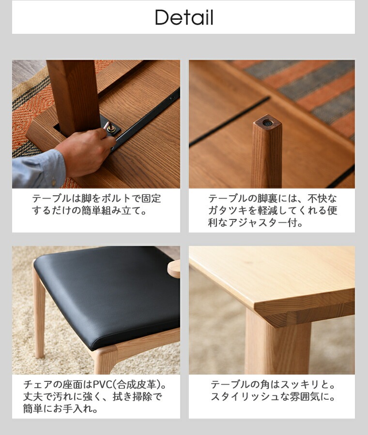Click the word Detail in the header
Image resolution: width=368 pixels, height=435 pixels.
click(x=184, y=18)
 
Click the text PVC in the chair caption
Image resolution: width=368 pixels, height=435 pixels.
click(x=102, y=385)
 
